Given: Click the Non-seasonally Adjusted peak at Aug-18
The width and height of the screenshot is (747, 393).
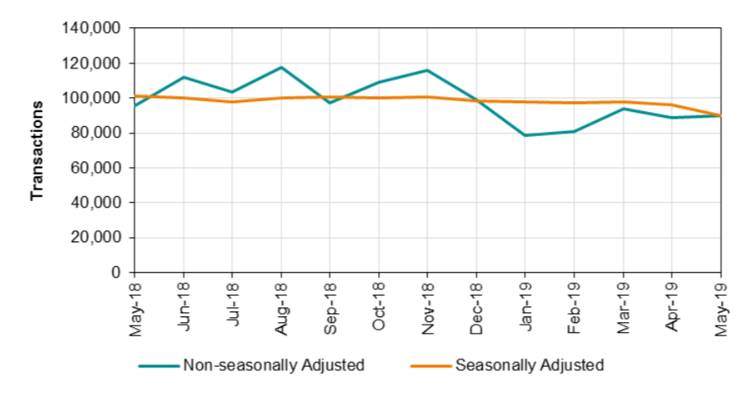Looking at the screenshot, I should coord(281,67).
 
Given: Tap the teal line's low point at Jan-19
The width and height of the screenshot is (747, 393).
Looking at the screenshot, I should coord(525,135).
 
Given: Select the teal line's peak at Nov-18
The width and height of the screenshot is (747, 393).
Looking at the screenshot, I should coord(427,70).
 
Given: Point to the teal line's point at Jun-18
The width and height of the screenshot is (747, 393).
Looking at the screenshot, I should coord(183,77).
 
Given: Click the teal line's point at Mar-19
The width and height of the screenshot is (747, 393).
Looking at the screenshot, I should coord(623,109).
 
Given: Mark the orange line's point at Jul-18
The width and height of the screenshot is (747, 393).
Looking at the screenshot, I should coord(232,101).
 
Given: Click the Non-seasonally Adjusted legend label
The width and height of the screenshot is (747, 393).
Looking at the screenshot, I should coord(273,365).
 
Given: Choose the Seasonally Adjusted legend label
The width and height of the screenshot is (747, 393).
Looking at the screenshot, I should coord(530,365).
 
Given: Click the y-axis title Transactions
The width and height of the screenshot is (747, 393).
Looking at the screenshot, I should coord(36,151).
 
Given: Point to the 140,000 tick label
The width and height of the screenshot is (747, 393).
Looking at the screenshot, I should coord(91,29).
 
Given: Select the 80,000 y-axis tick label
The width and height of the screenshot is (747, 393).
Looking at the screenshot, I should coord(95,133).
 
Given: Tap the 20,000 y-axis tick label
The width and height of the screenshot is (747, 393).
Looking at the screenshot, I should coord(95,237).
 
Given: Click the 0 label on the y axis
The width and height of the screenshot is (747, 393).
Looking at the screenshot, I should coord(116,272).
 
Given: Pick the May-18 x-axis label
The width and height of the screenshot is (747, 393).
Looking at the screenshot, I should coord(135,307).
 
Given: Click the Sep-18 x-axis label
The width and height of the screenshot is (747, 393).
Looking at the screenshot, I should coord(330,307).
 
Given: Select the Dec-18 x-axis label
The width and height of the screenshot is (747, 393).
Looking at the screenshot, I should coord(477,307).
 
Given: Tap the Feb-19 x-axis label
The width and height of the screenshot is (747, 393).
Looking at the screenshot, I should coord(575,307).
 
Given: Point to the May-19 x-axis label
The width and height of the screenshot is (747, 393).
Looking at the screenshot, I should coord(721,307).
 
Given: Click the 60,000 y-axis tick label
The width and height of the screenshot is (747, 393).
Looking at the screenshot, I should coord(95,168).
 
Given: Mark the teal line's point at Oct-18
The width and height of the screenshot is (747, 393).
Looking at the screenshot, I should coord(379,82).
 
